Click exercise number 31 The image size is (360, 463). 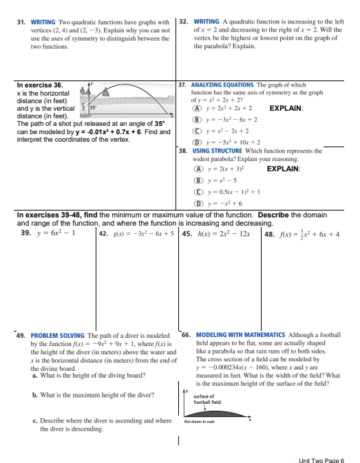click(x=22, y=22)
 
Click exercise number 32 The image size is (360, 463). click(x=184, y=22)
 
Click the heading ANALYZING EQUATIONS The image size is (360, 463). click(x=221, y=85)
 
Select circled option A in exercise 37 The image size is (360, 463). click(x=196, y=108)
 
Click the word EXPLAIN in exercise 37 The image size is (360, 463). click(x=287, y=108)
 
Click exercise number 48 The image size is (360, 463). click(x=270, y=233)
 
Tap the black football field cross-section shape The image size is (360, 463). click(x=213, y=412)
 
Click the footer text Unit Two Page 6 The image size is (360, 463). click(x=321, y=459)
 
